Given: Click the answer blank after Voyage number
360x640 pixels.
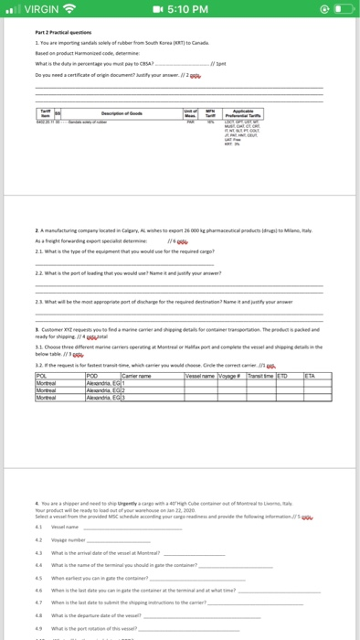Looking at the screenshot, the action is pyautogui.click(x=137, y=541).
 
